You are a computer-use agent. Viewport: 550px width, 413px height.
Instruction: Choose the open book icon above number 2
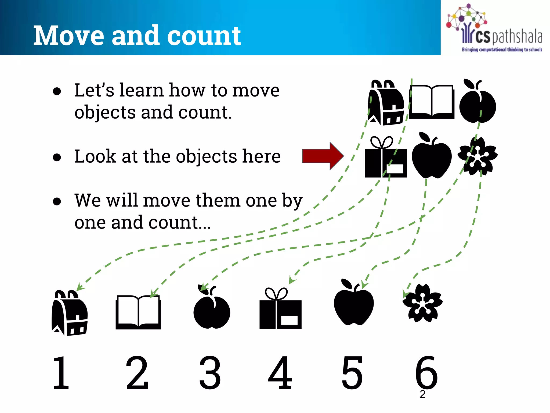point(138,312)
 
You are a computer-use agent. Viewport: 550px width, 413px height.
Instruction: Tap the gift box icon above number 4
point(280,309)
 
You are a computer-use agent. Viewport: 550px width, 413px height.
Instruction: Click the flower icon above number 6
point(422,303)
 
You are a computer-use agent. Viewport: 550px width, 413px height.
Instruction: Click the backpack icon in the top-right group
point(386,103)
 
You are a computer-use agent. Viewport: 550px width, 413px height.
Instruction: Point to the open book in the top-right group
point(432,102)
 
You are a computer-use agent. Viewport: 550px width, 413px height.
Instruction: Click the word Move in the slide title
point(68,36)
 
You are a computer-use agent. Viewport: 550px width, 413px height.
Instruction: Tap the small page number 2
point(423,394)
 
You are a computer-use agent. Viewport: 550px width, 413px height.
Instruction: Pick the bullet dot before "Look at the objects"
point(57,157)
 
